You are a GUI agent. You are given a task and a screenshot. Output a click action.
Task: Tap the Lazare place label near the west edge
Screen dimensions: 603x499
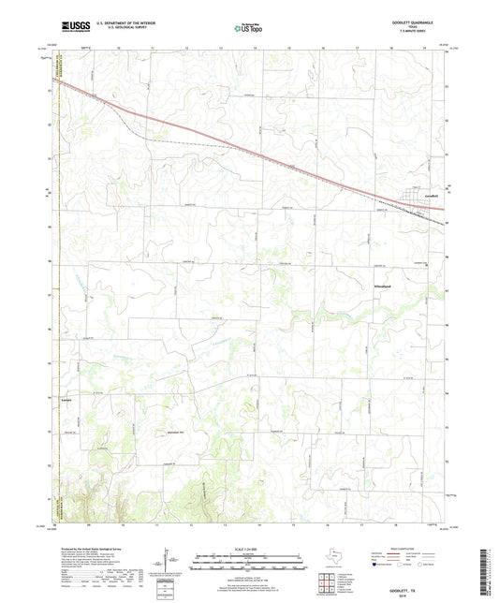pos(66,401)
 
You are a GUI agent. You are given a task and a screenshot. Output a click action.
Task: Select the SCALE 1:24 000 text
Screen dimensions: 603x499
pos(248,549)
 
